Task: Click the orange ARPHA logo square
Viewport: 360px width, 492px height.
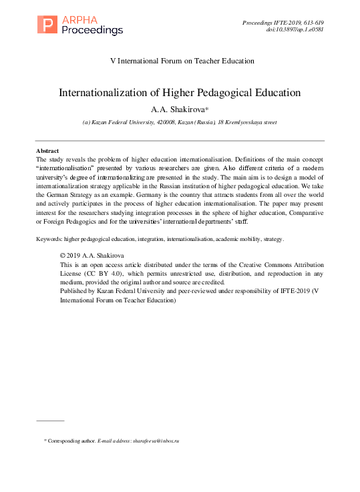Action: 46,24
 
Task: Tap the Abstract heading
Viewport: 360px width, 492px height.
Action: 47,152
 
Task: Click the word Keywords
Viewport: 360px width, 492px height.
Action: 49,238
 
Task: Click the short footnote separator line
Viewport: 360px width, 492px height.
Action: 49,421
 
